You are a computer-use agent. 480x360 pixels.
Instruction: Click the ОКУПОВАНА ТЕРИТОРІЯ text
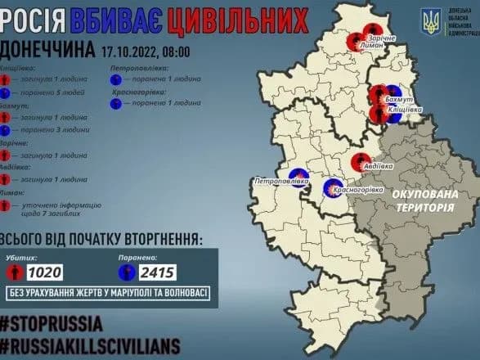(x=424, y=203)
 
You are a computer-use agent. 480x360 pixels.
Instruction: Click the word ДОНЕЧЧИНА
(x=47, y=50)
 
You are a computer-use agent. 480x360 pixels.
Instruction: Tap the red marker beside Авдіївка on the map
(x=358, y=161)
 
